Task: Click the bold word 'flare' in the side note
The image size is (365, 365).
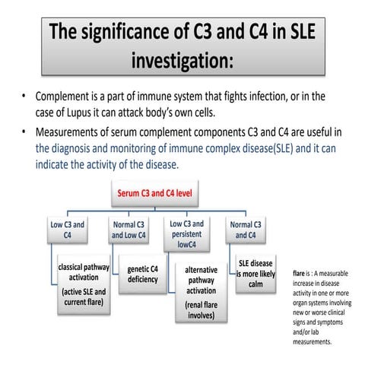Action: (299, 272)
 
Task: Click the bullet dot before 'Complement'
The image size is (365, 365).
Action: (25, 97)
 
